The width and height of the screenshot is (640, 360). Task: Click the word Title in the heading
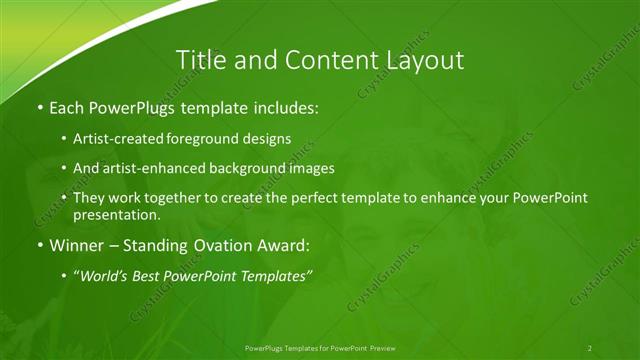tap(200, 60)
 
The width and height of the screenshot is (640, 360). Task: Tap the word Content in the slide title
tap(324, 60)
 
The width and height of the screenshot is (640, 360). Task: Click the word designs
tap(269, 138)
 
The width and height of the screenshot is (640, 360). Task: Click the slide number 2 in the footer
tap(589, 347)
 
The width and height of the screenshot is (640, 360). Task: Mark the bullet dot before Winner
tap(39, 245)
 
